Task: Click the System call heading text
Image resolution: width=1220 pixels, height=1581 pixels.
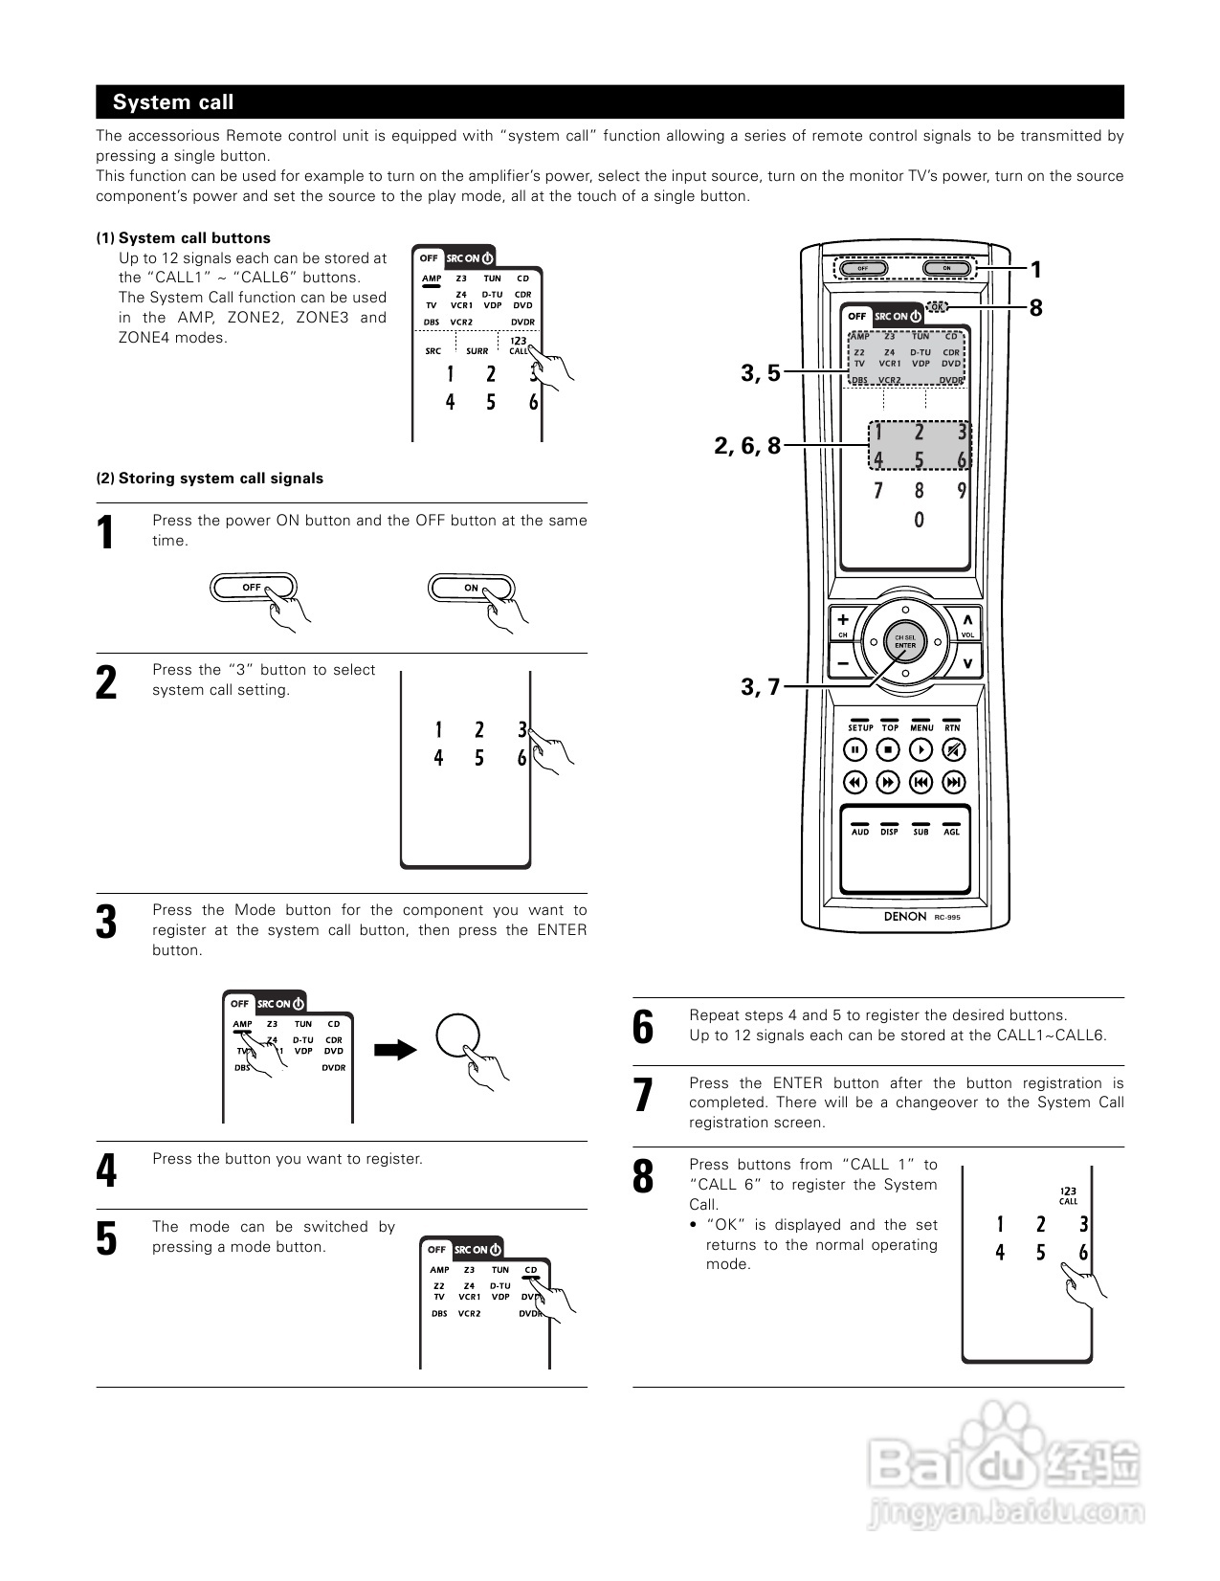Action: [x=173, y=102]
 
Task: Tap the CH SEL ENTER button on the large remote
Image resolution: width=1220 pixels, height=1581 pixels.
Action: [x=904, y=641]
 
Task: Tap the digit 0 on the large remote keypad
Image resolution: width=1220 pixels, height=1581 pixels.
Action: [x=920, y=521]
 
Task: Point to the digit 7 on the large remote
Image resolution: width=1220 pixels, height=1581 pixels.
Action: [x=877, y=491]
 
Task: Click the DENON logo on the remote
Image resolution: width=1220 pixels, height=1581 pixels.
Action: [x=904, y=916]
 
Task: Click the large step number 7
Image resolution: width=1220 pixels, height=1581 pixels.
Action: [x=643, y=1096]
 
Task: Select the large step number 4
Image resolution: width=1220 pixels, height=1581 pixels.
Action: [x=107, y=1170]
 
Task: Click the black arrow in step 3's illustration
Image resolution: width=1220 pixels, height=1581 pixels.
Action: [x=394, y=1050]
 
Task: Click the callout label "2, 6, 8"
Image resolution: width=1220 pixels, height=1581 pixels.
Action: [x=747, y=445]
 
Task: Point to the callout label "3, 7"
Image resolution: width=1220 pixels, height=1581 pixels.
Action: [x=761, y=686]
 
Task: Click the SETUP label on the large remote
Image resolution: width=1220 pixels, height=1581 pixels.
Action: [x=859, y=728]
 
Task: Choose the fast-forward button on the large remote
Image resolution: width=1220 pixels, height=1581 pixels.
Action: [x=889, y=783]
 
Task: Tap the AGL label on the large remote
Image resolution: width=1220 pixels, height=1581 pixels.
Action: [x=951, y=832]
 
